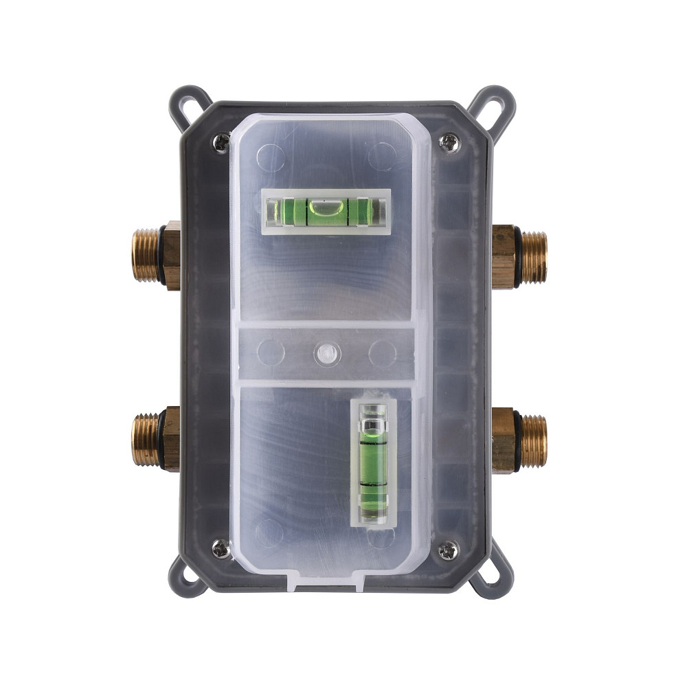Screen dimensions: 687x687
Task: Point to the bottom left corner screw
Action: pyautogui.click(x=221, y=548)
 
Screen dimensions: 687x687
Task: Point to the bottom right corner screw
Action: pyautogui.click(x=449, y=549)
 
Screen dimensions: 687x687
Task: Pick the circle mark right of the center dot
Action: pyautogui.click(x=381, y=353)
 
